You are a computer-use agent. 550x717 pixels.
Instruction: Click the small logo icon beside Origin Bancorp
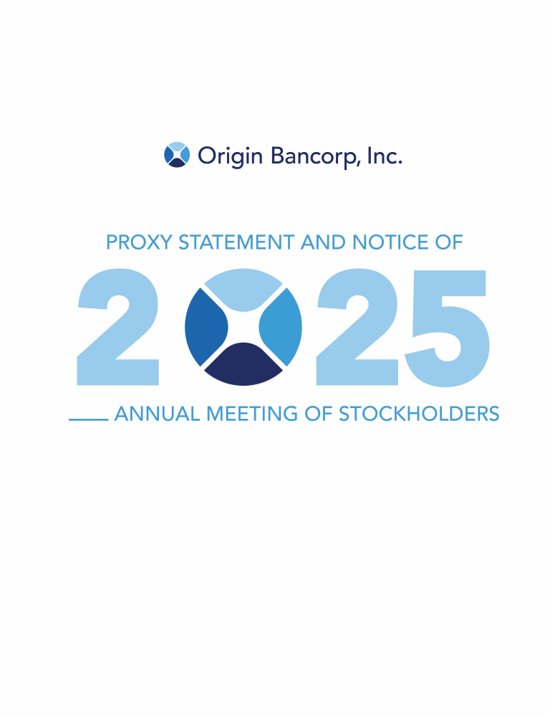(x=177, y=155)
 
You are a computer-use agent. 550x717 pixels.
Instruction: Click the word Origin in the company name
(x=230, y=156)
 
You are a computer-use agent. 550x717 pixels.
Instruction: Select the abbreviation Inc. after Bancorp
(x=385, y=156)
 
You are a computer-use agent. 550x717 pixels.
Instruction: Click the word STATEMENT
(x=236, y=242)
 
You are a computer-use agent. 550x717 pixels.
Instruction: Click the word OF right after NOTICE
(x=449, y=242)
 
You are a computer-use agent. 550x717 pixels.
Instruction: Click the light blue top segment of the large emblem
(x=243, y=289)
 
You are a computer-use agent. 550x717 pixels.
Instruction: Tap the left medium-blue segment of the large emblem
(x=206, y=327)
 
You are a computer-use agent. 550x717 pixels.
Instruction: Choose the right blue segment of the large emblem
(x=281, y=327)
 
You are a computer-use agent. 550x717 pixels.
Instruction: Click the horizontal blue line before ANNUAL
(x=89, y=419)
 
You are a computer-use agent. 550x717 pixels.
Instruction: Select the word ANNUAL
(x=158, y=414)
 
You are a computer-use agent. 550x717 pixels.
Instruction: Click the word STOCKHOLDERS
(x=419, y=414)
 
